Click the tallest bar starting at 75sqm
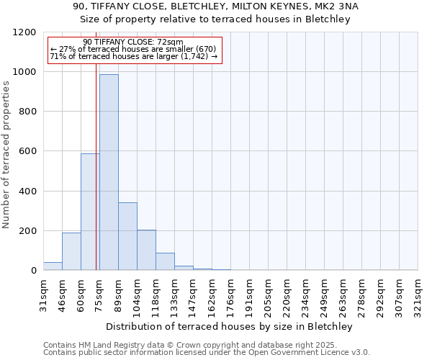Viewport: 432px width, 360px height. click(109, 173)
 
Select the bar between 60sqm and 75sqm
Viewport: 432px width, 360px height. click(90, 212)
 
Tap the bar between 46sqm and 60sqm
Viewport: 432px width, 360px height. click(71, 251)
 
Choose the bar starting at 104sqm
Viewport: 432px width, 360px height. click(146, 250)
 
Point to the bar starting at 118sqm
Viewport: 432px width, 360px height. click(165, 261)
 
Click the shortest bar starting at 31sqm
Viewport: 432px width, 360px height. click(53, 266)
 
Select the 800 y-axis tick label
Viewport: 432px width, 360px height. click(27, 112)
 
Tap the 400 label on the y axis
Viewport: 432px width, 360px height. click(27, 192)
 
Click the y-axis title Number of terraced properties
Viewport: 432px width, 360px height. click(6, 155)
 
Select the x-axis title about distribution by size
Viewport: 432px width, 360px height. click(230, 326)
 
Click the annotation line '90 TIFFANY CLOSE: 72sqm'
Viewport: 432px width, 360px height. click(133, 42)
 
